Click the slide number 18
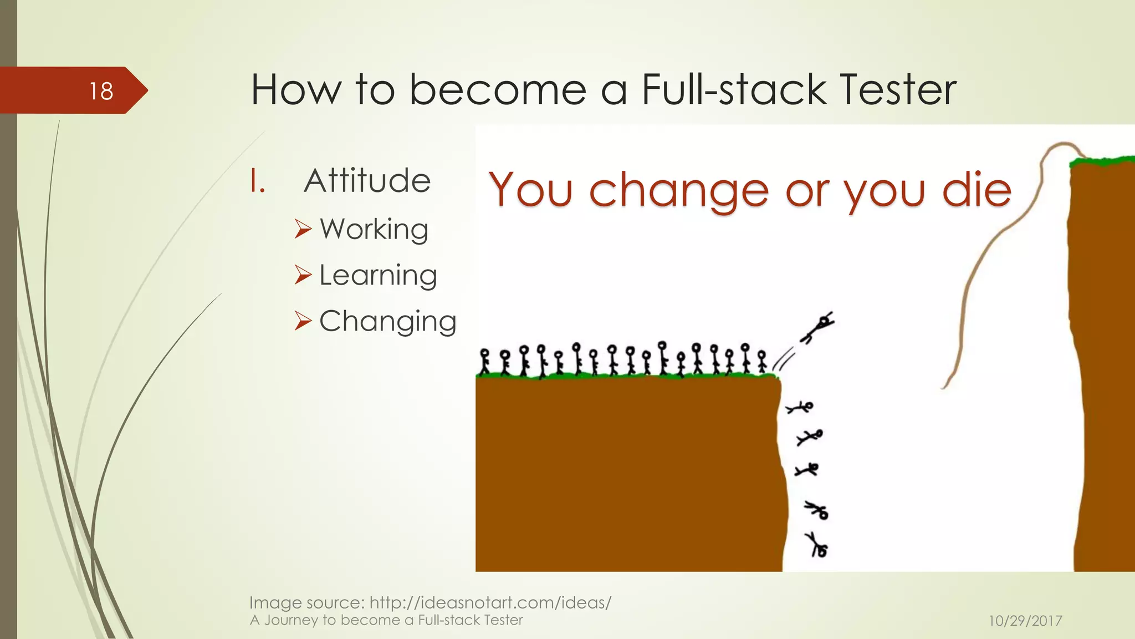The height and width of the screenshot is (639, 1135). (x=101, y=91)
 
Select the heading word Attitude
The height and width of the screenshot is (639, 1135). (x=367, y=181)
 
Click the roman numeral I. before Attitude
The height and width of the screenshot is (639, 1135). (x=258, y=181)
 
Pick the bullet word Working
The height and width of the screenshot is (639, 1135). (x=374, y=229)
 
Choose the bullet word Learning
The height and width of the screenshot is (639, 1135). (x=378, y=275)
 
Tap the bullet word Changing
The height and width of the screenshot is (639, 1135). (x=387, y=321)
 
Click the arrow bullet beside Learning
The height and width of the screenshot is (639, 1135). (x=303, y=275)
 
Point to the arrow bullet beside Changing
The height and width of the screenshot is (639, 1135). (x=303, y=321)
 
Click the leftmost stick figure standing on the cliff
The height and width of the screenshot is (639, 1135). (x=485, y=361)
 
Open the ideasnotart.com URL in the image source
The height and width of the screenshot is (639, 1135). (x=490, y=602)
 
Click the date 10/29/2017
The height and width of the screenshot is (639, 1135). (x=1025, y=621)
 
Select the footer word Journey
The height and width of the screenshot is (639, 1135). (x=291, y=620)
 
